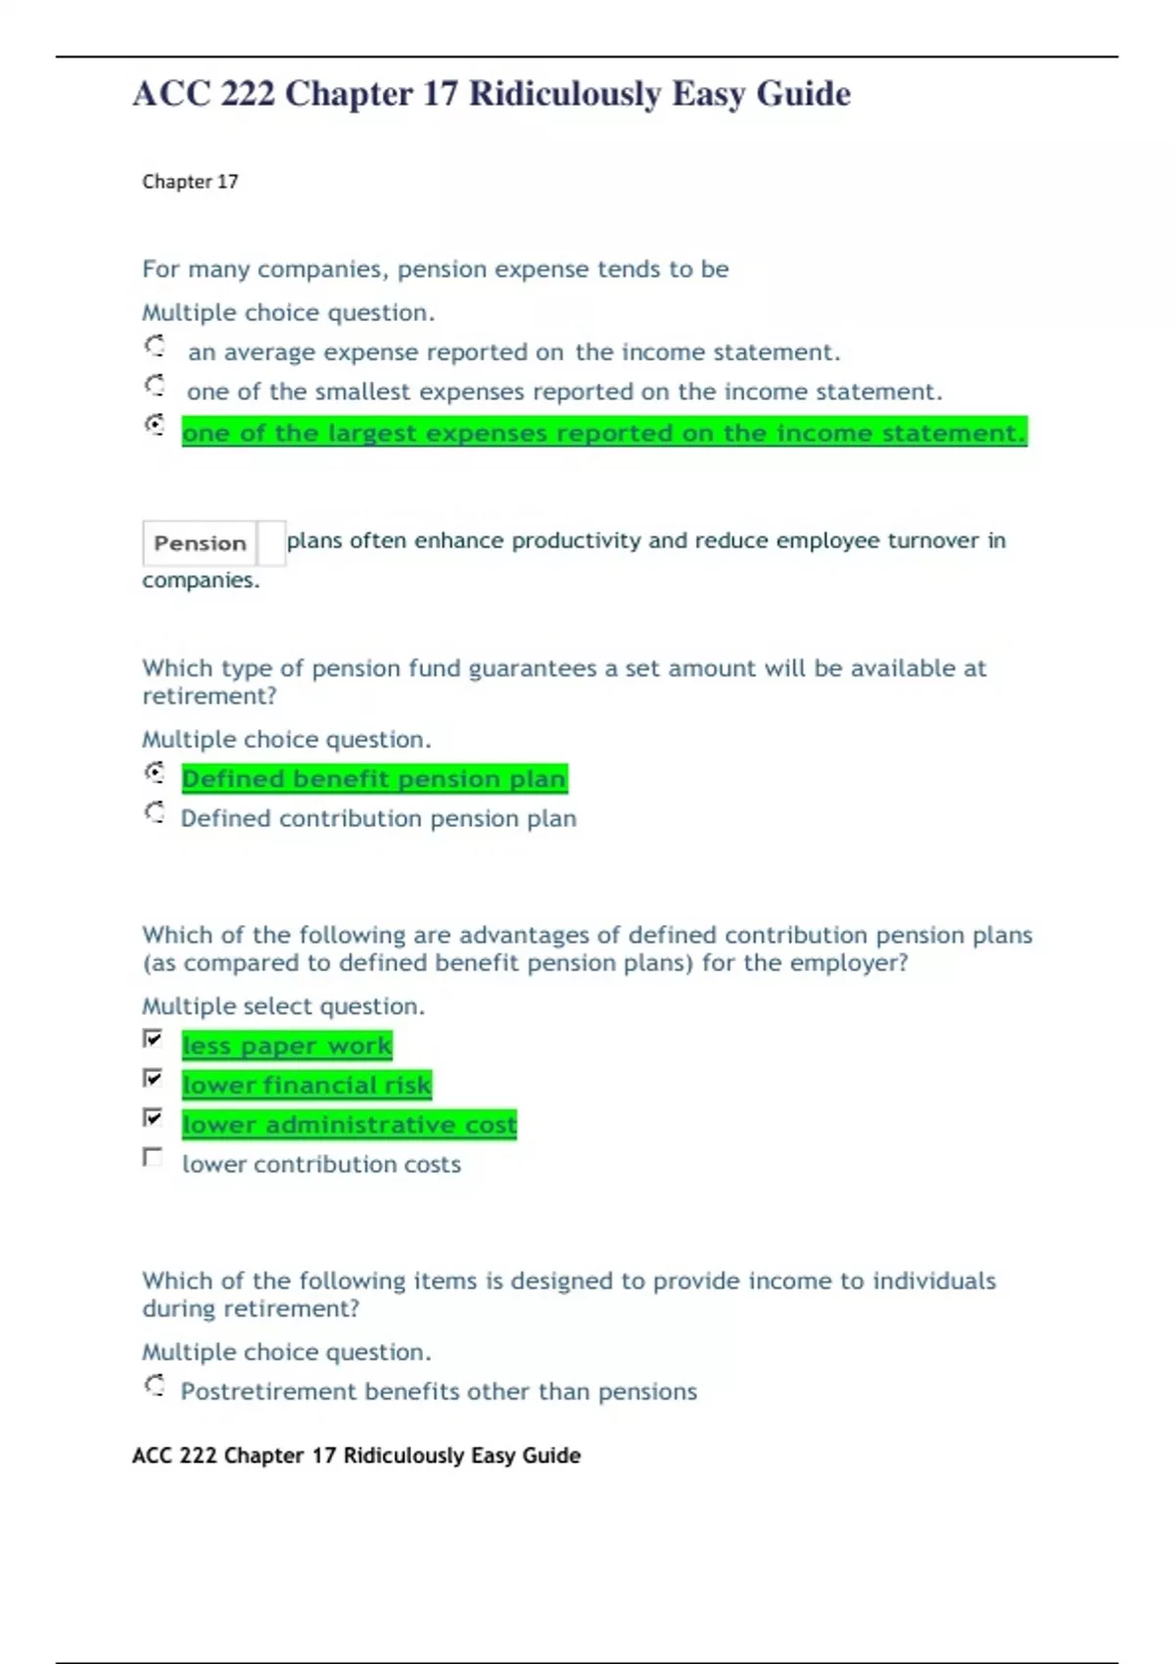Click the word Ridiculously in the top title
pyautogui.click(x=565, y=94)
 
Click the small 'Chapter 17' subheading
pyautogui.click(x=190, y=182)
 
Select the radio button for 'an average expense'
pyautogui.click(x=155, y=347)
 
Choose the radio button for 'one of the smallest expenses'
pyautogui.click(x=155, y=386)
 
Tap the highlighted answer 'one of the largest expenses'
pyautogui.click(x=603, y=433)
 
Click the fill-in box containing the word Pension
pyautogui.click(x=201, y=543)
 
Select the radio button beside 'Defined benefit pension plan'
pyautogui.click(x=155, y=773)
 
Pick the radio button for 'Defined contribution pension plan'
pyautogui.click(x=155, y=812)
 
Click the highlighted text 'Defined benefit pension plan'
pyautogui.click(x=374, y=779)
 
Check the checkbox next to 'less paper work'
pyautogui.click(x=153, y=1039)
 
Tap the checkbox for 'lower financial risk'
pyautogui.click(x=153, y=1078)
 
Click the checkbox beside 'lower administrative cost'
pyautogui.click(x=153, y=1118)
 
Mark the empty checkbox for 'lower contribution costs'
pyautogui.click(x=153, y=1158)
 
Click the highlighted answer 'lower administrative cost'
pyautogui.click(x=349, y=1126)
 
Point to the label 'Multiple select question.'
pyautogui.click(x=283, y=1006)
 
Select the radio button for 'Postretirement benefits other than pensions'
pyautogui.click(x=155, y=1385)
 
